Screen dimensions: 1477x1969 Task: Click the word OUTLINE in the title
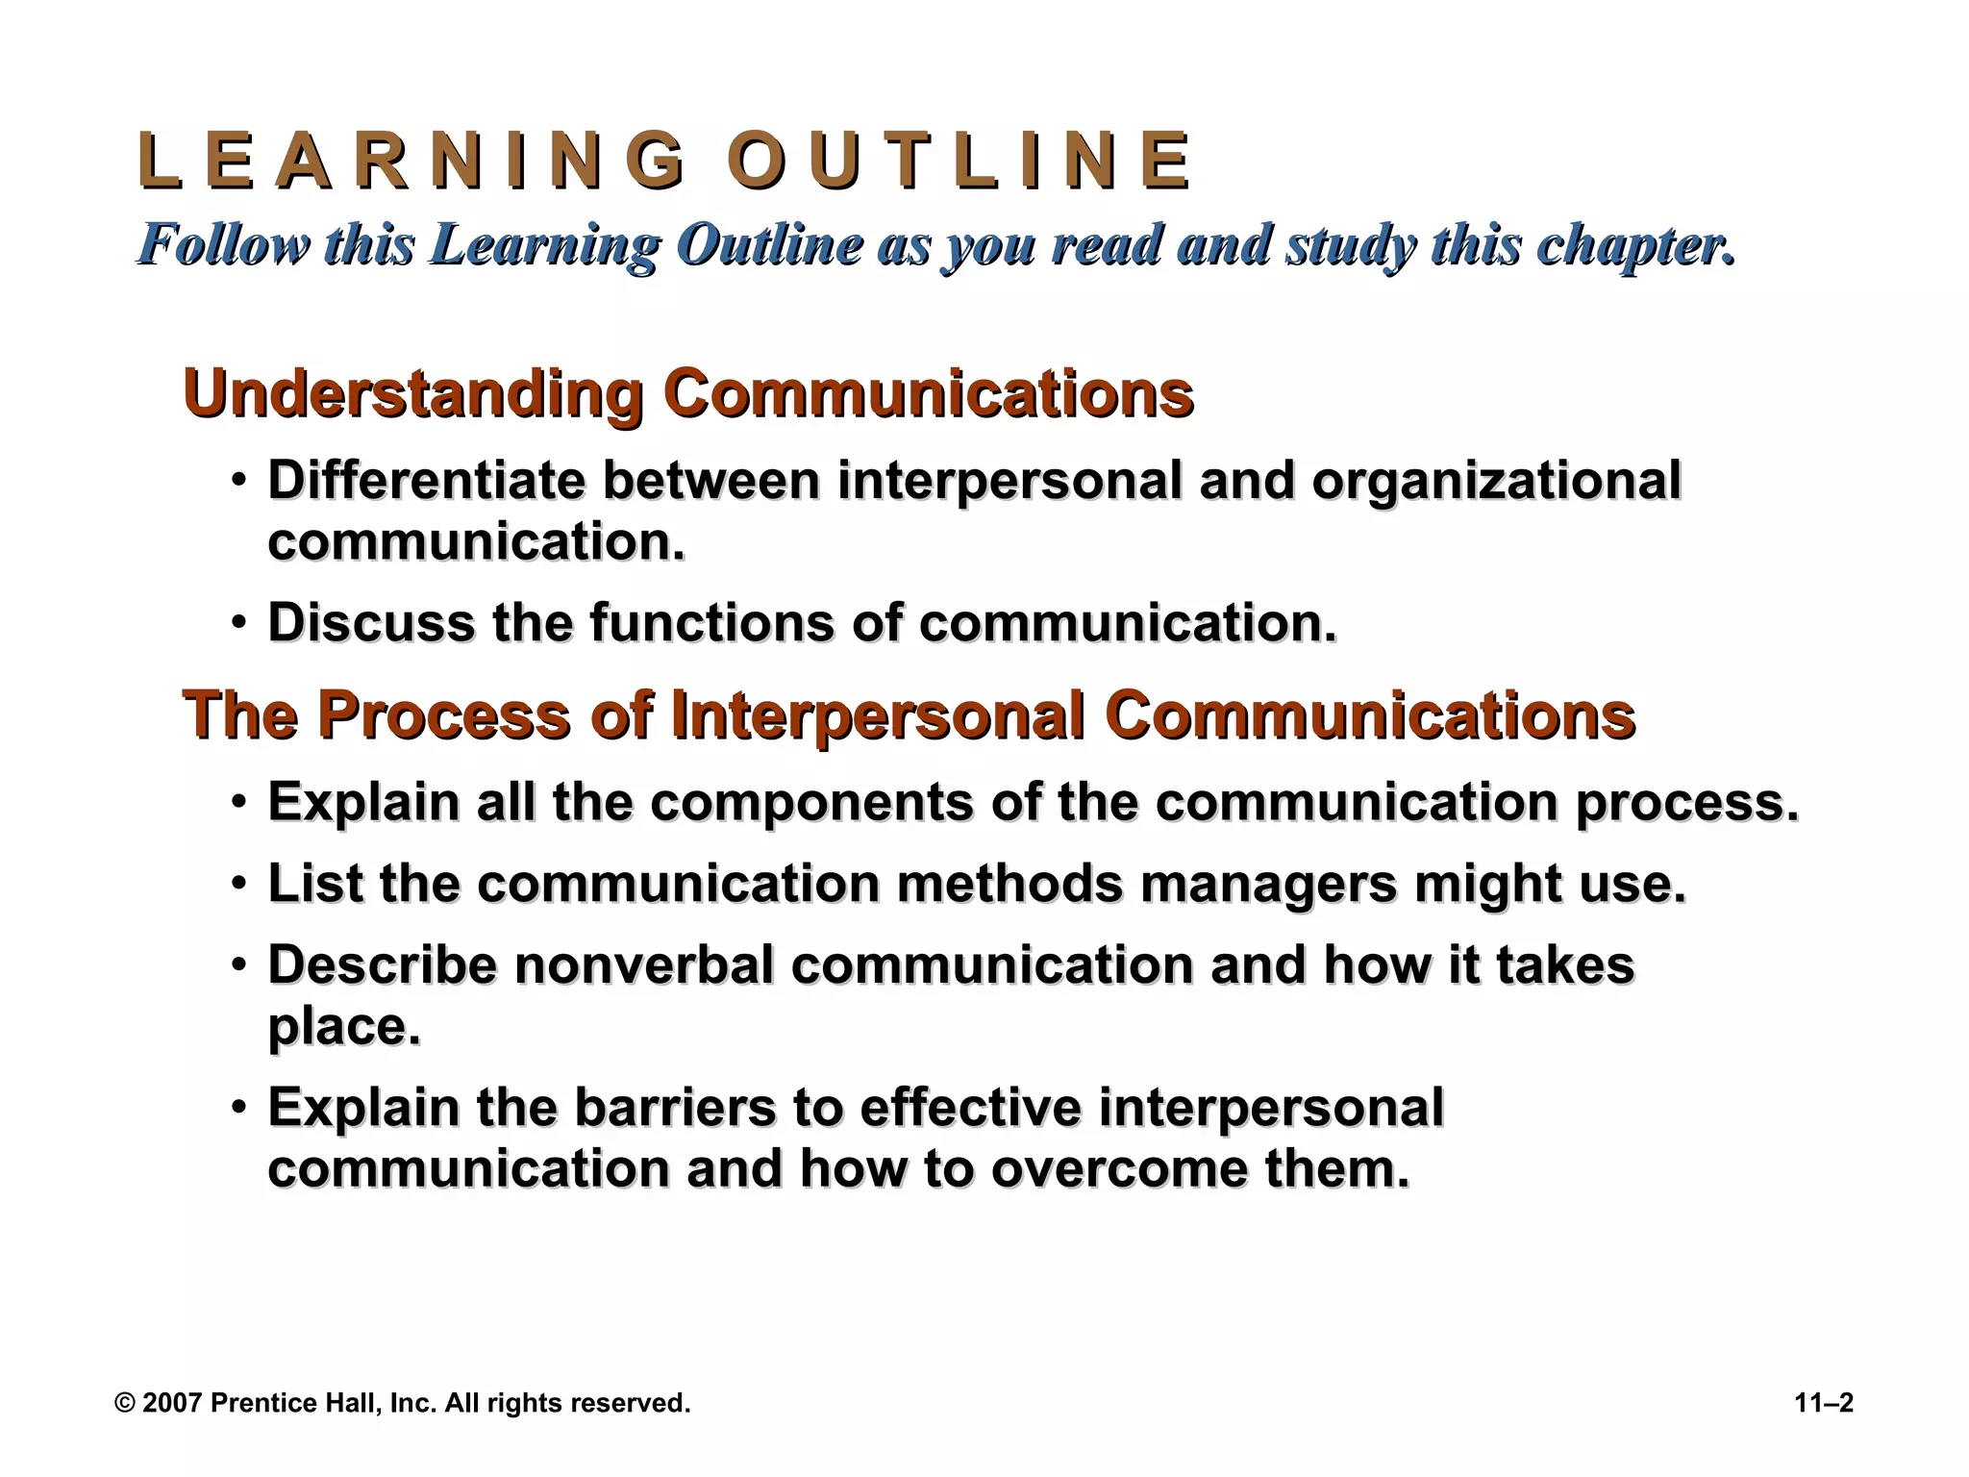pyautogui.click(x=959, y=161)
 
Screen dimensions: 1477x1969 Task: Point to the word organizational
pyautogui.click(x=1497, y=482)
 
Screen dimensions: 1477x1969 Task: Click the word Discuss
pyautogui.click(x=370, y=622)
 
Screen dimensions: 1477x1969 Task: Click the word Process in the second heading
pyautogui.click(x=443, y=715)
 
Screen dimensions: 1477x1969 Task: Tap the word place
pyautogui.click(x=343, y=1028)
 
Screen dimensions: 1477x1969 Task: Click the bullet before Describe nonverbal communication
pyautogui.click(x=238, y=964)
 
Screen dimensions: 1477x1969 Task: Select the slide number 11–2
pyautogui.click(x=1824, y=1403)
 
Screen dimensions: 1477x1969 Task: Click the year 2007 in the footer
pyautogui.click(x=171, y=1403)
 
